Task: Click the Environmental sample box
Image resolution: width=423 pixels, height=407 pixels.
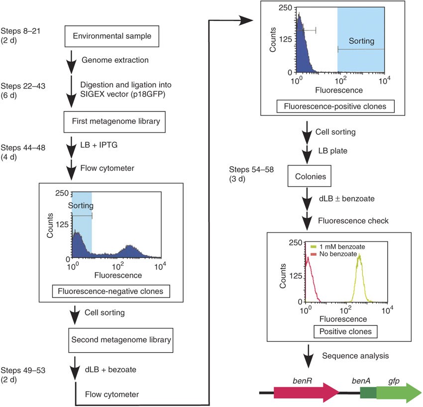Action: [103, 36]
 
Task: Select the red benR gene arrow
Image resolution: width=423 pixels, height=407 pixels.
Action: [298, 392]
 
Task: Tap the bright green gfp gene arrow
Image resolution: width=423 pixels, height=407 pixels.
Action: [398, 392]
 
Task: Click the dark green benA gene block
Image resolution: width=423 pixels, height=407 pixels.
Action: [368, 393]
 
